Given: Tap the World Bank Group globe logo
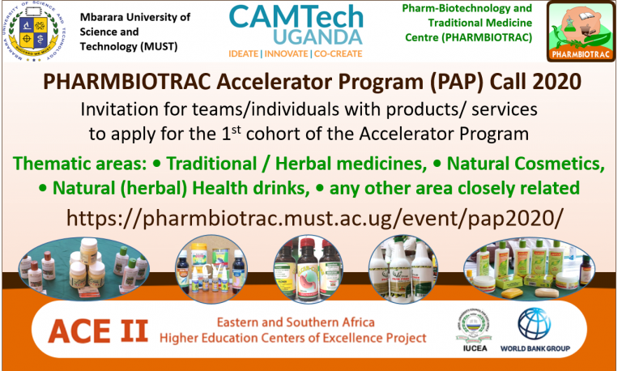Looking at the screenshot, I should coord(535,324).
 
